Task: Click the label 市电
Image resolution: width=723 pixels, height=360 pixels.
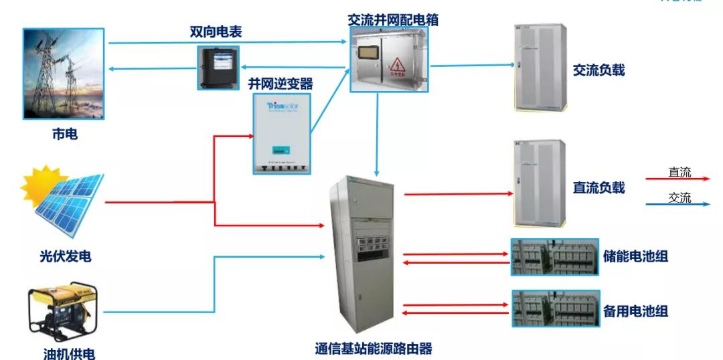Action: tap(64, 134)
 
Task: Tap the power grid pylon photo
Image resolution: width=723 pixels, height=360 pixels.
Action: tap(64, 73)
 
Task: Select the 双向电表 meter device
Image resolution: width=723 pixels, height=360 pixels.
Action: tap(218, 67)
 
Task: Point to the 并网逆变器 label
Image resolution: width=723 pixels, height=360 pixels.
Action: tap(280, 84)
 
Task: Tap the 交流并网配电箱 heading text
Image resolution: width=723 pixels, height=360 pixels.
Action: tap(394, 19)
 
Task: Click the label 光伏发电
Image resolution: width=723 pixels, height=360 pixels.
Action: tap(65, 256)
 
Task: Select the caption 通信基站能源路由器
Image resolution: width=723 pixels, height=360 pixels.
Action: tap(374, 348)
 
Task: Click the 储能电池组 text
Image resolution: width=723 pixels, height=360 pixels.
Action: tap(635, 256)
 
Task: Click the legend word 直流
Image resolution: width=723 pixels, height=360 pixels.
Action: tap(679, 172)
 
